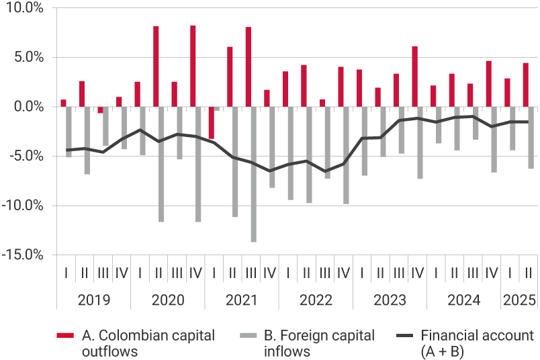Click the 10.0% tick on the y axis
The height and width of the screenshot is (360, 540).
tap(24, 8)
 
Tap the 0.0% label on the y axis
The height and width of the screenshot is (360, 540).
tap(27, 107)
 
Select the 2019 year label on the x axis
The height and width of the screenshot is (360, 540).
tap(94, 300)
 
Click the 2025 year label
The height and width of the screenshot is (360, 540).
tap(519, 300)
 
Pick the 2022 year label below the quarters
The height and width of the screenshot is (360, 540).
tap(316, 300)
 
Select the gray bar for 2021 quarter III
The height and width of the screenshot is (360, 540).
tap(253, 174)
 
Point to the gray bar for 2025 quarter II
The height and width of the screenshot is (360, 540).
tap(531, 137)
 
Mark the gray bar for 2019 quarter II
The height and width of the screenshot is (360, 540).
tap(87, 140)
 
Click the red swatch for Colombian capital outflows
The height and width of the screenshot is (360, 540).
tap(65, 334)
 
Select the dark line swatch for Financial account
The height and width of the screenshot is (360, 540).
tap(404, 334)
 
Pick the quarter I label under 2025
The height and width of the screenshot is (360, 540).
tap(510, 273)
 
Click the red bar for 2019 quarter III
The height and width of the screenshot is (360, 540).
tap(100, 109)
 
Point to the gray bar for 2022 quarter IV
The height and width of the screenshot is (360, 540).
tap(346, 155)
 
